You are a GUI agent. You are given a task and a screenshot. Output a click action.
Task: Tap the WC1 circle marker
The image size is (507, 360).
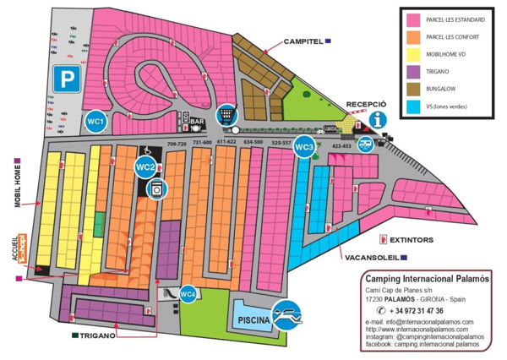(x=95, y=122)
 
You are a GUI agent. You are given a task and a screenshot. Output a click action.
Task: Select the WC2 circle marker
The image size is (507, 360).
(x=145, y=166)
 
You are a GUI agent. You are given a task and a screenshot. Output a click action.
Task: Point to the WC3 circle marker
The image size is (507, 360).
(x=306, y=146)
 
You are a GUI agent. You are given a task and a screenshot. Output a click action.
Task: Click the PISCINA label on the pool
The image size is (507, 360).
(x=253, y=320)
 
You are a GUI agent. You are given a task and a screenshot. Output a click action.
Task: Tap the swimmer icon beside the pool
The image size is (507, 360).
(x=292, y=317)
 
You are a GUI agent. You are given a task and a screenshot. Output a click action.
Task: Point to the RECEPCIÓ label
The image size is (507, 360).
(x=366, y=104)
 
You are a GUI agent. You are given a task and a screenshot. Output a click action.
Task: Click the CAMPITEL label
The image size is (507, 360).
(x=303, y=41)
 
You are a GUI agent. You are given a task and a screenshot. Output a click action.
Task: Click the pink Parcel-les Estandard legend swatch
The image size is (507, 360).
(x=414, y=19)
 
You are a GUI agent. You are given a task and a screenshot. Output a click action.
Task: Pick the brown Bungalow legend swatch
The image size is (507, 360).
(x=414, y=90)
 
